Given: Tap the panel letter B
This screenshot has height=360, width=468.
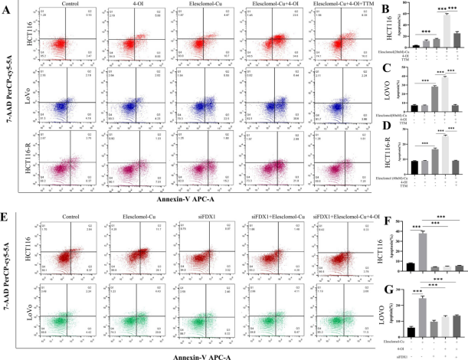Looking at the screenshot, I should (353, 8).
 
